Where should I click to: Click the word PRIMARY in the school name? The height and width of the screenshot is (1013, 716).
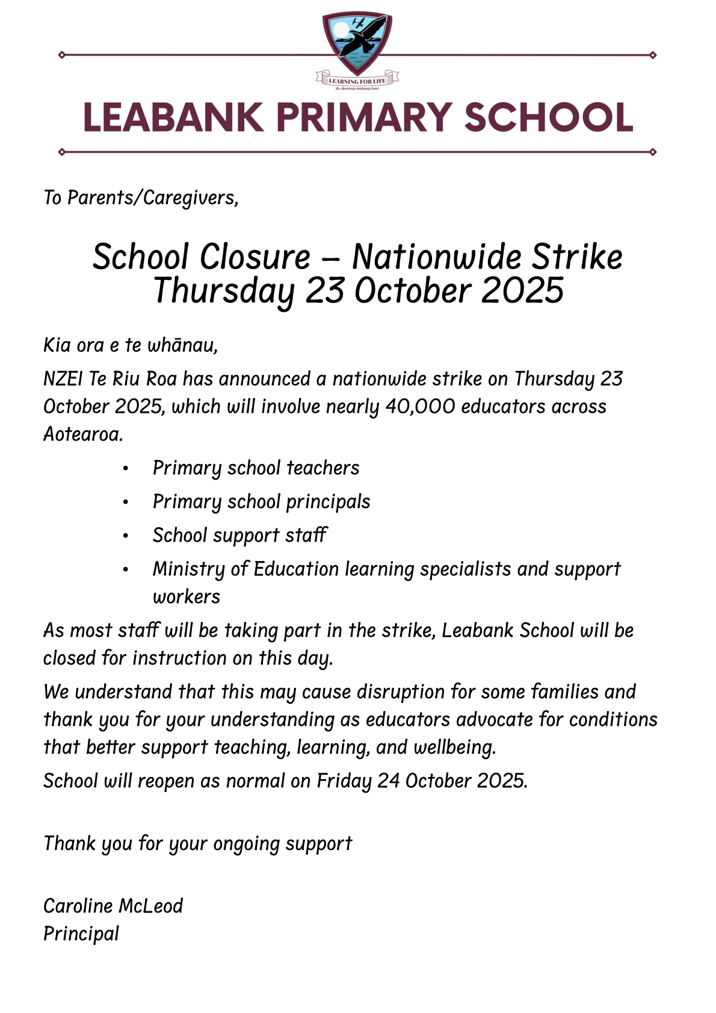tap(364, 117)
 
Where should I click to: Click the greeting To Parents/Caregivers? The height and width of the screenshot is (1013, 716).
tap(141, 197)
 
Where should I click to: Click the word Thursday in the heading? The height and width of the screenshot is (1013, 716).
tap(224, 291)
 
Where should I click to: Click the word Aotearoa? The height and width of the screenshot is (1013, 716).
tap(82, 434)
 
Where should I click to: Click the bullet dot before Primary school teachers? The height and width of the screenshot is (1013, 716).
tap(125, 468)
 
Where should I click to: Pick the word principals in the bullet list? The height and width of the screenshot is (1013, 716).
tap(328, 502)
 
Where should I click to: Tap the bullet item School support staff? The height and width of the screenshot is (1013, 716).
tap(239, 535)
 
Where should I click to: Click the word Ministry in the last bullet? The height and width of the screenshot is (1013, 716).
tap(188, 569)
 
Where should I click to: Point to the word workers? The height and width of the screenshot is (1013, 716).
tap(187, 596)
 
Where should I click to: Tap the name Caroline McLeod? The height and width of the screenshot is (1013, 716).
tap(113, 906)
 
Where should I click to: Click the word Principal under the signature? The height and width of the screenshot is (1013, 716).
tap(81, 934)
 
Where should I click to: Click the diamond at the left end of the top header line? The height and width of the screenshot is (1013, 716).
tap(61, 55)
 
